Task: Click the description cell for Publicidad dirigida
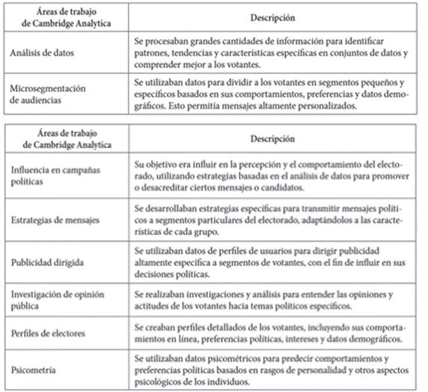tap(272, 263)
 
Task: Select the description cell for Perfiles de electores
tap(272, 334)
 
